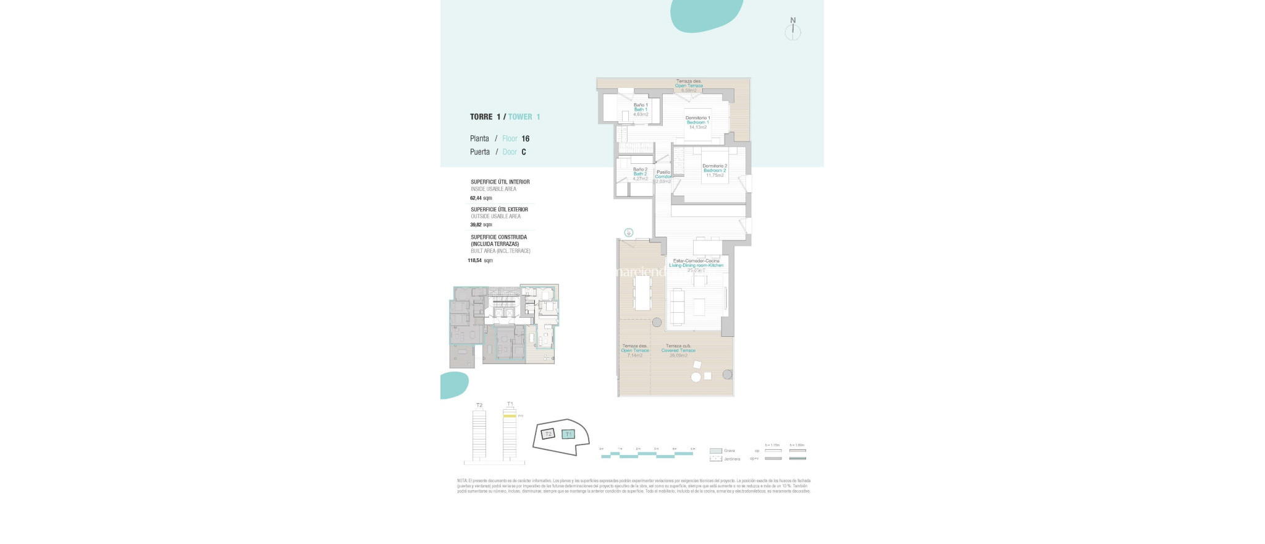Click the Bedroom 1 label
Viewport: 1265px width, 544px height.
[x=697, y=122]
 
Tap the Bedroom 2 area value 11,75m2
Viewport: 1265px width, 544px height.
[x=715, y=176]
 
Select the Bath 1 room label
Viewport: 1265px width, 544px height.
[x=641, y=109]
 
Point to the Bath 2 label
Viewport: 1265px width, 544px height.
[x=640, y=174]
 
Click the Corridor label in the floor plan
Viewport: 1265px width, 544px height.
[x=663, y=177]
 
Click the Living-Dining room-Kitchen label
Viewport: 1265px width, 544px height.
[x=696, y=265]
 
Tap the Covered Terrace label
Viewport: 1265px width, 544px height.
[x=678, y=351]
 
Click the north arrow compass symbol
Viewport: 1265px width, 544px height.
[x=792, y=31]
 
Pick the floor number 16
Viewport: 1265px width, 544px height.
[x=525, y=138]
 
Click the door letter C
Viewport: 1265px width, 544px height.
[x=524, y=152]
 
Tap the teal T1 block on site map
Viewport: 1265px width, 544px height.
[x=569, y=434]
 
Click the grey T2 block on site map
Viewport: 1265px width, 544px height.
[x=548, y=434]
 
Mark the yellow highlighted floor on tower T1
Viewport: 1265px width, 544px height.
[x=509, y=417]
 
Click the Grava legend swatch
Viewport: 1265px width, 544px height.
[x=715, y=451]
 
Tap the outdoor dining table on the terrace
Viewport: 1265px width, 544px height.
[x=642, y=292]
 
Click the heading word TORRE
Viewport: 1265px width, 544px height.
[x=481, y=117]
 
